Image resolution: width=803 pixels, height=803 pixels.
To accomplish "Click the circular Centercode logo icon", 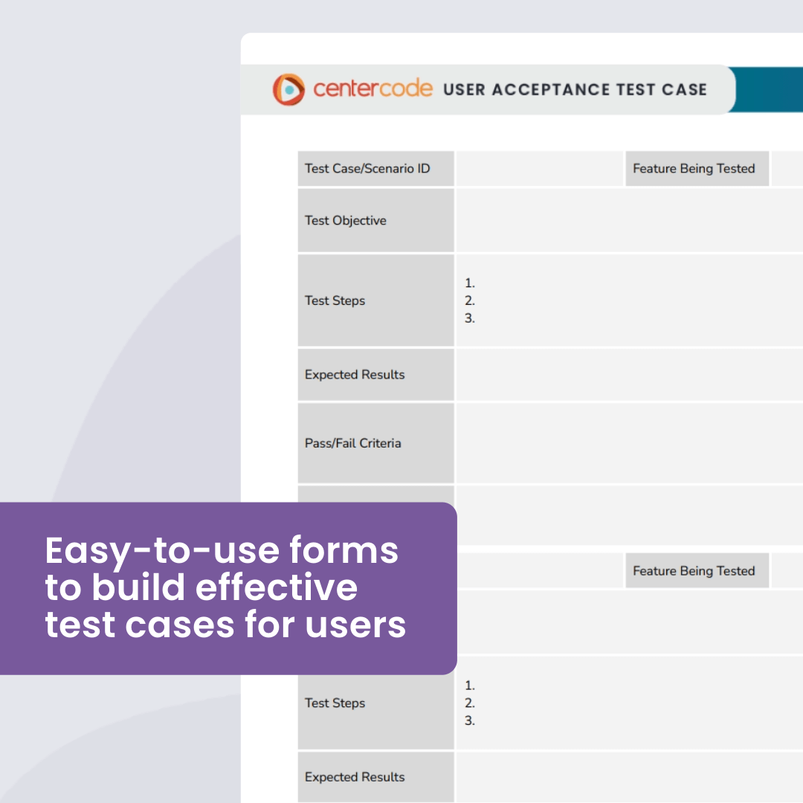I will (x=288, y=89).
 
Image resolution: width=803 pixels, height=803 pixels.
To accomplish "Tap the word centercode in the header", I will (x=373, y=88).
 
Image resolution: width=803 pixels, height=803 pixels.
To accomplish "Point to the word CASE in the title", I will (x=681, y=89).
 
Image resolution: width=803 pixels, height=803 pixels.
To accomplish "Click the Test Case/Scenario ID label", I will (x=367, y=169).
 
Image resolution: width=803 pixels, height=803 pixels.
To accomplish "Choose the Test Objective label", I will (x=346, y=221).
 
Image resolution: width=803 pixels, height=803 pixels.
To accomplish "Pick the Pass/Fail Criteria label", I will (x=353, y=443).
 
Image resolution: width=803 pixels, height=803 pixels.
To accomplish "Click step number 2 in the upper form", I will (x=470, y=300).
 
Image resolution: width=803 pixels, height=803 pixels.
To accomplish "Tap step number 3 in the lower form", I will (x=470, y=720).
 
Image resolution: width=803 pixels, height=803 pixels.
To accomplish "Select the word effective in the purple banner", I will (x=277, y=587).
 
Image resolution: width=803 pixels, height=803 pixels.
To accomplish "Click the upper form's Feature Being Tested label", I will (x=694, y=169).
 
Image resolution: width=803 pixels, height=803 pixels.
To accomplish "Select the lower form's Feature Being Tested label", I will (x=694, y=571).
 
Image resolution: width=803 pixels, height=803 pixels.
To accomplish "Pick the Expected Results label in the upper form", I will (x=355, y=375).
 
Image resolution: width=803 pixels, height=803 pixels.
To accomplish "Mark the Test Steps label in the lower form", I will (x=335, y=703).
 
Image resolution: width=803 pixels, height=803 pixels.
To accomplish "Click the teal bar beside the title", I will (x=770, y=89).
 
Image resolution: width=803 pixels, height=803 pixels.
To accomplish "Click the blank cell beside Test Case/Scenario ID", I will (x=539, y=169).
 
